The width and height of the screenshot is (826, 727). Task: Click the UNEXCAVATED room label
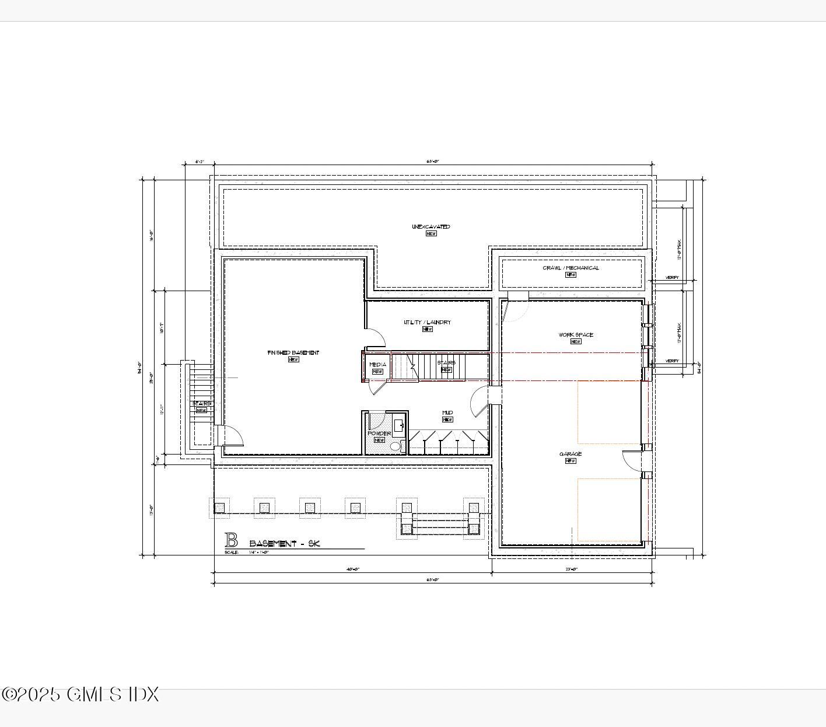[430, 227]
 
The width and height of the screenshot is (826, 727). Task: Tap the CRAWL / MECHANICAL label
[570, 268]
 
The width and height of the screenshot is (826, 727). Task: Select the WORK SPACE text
[576, 335]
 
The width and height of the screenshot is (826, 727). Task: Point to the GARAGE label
[570, 454]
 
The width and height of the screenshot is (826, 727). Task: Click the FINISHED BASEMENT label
[293, 353]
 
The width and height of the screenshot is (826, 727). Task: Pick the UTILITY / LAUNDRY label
[427, 323]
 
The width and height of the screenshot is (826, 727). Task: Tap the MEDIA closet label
[377, 365]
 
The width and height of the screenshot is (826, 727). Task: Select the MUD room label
[447, 413]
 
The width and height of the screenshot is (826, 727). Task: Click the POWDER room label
[379, 434]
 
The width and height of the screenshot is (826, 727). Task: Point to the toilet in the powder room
[395, 446]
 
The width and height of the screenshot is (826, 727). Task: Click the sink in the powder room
[398, 425]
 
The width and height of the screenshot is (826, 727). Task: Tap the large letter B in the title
[232, 540]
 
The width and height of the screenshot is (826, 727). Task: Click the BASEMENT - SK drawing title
[285, 544]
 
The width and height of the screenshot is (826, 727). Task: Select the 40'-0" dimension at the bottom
[353, 569]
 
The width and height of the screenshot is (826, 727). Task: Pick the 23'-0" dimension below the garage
[572, 569]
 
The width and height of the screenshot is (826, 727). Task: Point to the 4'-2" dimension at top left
[199, 162]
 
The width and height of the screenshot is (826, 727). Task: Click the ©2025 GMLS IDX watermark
[80, 694]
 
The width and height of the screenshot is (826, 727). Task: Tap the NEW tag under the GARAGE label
[570, 461]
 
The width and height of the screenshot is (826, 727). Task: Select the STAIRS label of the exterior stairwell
[202, 404]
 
